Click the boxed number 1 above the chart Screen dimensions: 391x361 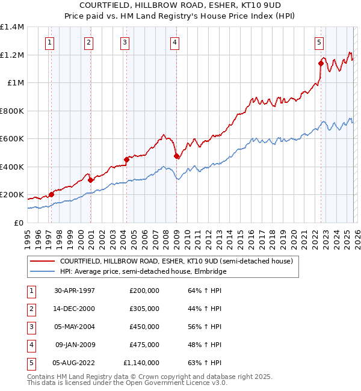click(49, 42)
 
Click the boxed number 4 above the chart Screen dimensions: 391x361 click(174, 42)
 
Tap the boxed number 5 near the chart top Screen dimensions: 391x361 click(318, 42)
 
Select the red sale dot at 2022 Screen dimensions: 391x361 click(321, 63)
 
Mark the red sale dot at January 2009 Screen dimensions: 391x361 click(176, 156)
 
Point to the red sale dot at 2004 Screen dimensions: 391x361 click(126, 159)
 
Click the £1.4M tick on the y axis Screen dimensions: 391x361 click(12, 27)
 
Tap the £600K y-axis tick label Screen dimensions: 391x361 click(12, 139)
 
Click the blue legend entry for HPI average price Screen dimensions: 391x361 click(142, 271)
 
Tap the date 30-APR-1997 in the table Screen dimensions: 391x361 click(75, 291)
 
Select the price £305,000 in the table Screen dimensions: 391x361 click(144, 309)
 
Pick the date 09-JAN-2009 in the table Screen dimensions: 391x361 click(75, 345)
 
